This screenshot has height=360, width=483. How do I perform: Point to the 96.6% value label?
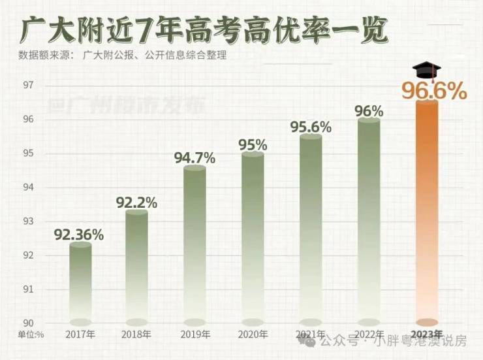pos(434,91)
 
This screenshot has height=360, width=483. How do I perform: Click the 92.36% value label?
pos(80,232)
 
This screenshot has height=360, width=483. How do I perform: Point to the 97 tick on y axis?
pos(29,86)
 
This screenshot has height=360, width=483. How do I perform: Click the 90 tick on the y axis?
pos(29,323)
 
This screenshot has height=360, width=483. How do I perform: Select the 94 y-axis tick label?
pos(29,188)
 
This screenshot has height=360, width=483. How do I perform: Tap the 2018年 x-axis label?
pos(136,335)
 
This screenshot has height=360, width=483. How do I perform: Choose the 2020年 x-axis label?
pos(253,335)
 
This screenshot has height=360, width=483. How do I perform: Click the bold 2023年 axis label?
pos(428,335)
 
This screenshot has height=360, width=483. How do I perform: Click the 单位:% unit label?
pos(31,335)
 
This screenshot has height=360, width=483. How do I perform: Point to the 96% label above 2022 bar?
pos(369,111)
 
